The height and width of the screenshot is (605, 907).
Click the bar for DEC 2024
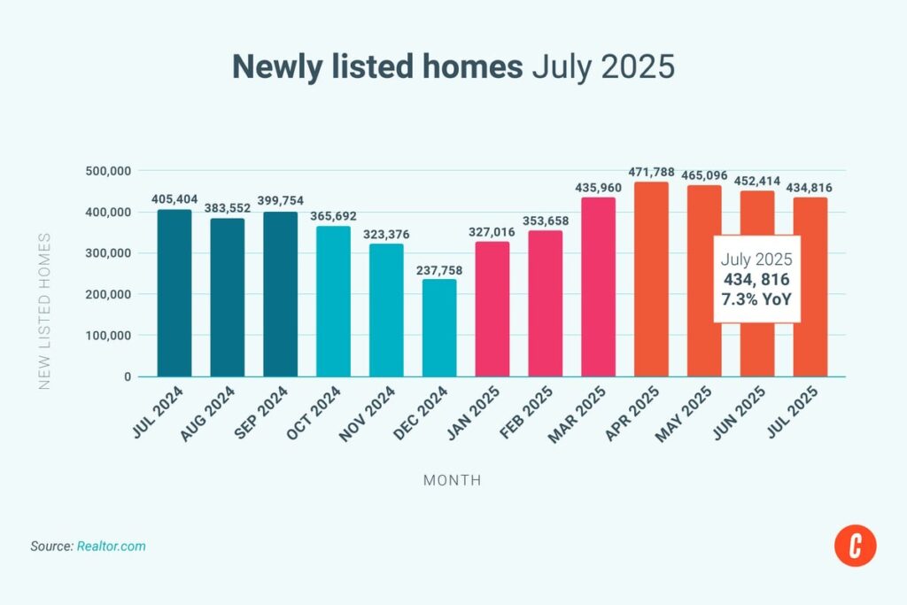coord(439,328)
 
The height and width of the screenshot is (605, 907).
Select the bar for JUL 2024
coord(174,292)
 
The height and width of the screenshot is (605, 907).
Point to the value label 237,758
coord(439,268)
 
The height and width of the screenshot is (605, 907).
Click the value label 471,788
coord(651,171)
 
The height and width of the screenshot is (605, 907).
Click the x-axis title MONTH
coord(453,480)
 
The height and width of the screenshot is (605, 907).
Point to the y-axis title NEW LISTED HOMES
coord(44,311)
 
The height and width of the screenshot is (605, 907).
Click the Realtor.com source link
coord(112,547)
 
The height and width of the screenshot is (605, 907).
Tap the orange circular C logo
coord(855,547)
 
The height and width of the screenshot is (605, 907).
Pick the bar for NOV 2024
coord(386,310)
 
